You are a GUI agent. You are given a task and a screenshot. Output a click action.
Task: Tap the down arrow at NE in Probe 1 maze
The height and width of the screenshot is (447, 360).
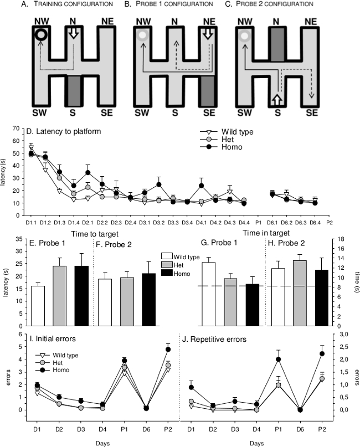[208, 34]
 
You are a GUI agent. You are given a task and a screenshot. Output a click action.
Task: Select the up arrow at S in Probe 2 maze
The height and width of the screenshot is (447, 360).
[276, 101]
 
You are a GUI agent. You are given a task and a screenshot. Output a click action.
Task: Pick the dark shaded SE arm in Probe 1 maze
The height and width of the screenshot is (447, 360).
[208, 94]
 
